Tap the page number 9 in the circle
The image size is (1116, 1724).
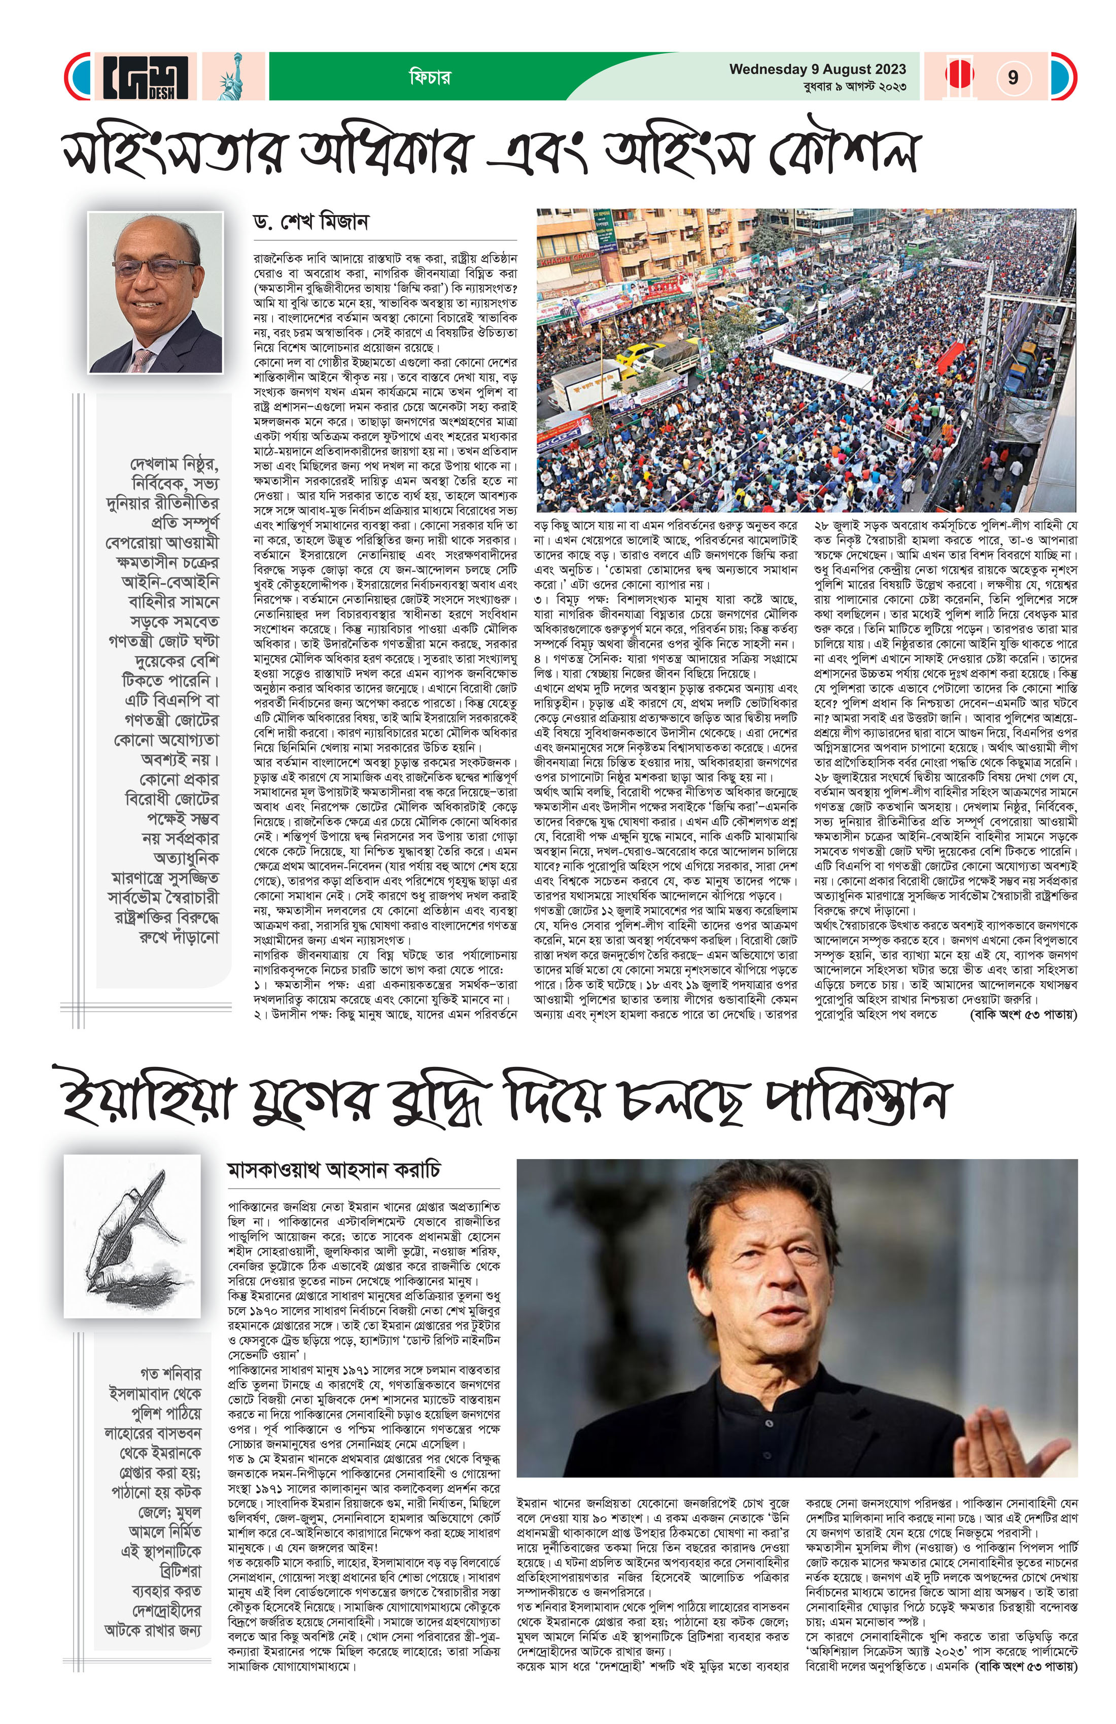click(1013, 77)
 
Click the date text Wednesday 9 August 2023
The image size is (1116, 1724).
click(817, 69)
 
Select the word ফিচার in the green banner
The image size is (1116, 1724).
click(430, 77)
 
